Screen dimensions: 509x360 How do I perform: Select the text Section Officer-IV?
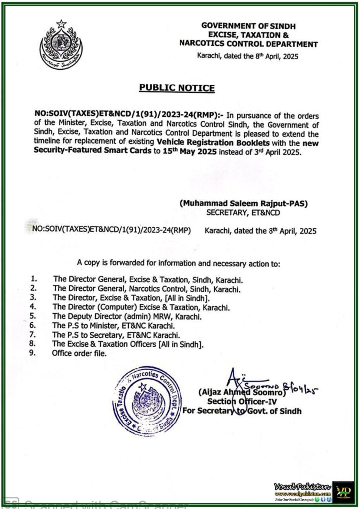pos(238,401)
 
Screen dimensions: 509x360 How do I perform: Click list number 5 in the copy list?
pos(33,316)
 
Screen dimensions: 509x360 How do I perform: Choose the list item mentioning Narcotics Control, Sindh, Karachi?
pos(147,288)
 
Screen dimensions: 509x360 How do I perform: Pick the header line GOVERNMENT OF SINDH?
pos(248,24)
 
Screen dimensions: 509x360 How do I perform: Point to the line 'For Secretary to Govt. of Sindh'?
pos(242,411)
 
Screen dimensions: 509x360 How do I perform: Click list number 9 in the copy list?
pos(33,353)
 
